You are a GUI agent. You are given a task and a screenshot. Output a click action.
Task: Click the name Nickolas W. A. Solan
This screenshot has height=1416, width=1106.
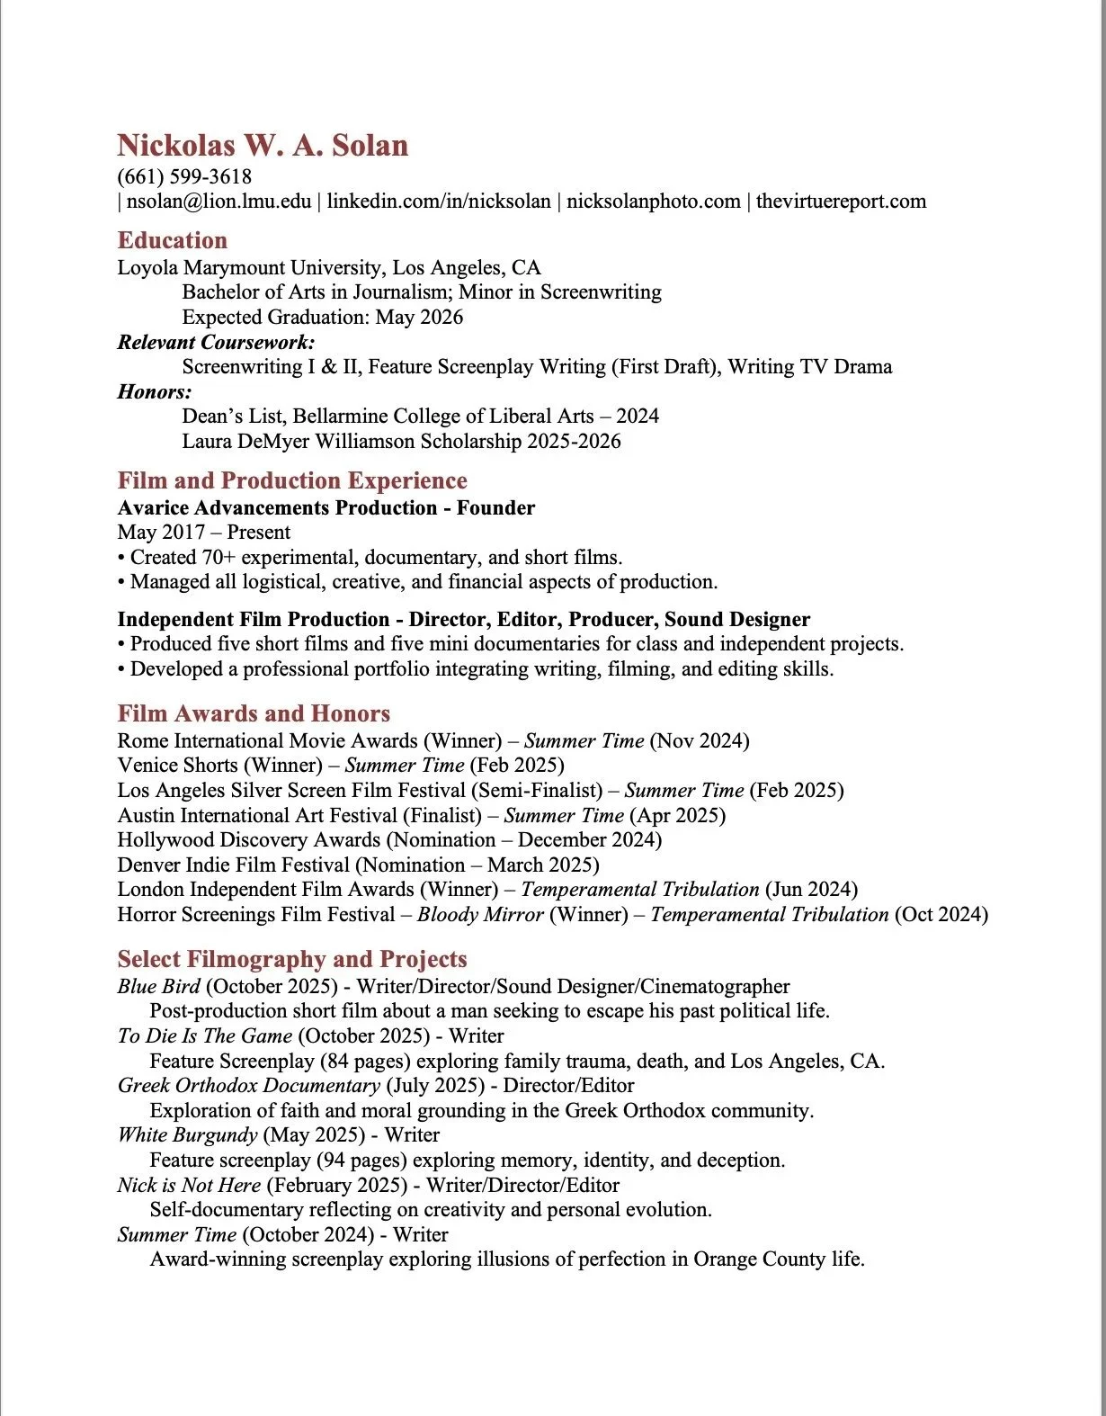point(263,146)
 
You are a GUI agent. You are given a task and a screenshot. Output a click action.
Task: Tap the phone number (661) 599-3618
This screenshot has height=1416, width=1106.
point(184,176)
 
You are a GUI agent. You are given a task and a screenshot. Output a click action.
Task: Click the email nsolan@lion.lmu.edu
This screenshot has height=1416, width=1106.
point(219,201)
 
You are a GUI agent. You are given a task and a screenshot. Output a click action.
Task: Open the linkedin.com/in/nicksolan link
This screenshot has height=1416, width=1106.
point(439,201)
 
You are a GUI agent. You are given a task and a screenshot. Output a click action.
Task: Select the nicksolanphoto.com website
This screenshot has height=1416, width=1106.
point(654,201)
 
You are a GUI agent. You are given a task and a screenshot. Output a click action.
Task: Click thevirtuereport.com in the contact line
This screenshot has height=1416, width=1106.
point(841,201)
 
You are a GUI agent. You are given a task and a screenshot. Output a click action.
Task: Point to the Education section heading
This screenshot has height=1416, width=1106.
point(172,240)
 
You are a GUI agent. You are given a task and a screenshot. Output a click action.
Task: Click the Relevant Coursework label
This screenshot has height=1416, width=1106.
point(216,342)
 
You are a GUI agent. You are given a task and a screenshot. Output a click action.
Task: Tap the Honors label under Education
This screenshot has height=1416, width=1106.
point(154,391)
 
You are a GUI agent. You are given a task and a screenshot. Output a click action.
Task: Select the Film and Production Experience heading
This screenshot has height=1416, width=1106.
point(292,480)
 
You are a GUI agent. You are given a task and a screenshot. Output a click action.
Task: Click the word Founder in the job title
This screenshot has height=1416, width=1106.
point(495,507)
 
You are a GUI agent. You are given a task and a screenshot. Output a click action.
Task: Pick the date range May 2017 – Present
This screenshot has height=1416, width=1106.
point(203,532)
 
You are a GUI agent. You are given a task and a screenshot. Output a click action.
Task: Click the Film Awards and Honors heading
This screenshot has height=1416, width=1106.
point(254,713)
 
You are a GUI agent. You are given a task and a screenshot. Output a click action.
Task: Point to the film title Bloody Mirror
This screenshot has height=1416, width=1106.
point(480,914)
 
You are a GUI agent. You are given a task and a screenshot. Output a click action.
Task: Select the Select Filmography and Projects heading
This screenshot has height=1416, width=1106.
point(292,959)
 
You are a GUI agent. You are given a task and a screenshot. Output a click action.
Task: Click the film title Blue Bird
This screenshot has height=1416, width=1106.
point(158,986)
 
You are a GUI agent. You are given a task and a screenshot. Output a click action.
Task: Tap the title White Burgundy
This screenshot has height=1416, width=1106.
point(187,1134)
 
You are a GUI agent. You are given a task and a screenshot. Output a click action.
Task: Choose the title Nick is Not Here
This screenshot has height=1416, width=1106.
point(189,1185)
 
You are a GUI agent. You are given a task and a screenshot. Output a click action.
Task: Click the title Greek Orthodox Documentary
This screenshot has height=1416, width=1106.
point(248,1085)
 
